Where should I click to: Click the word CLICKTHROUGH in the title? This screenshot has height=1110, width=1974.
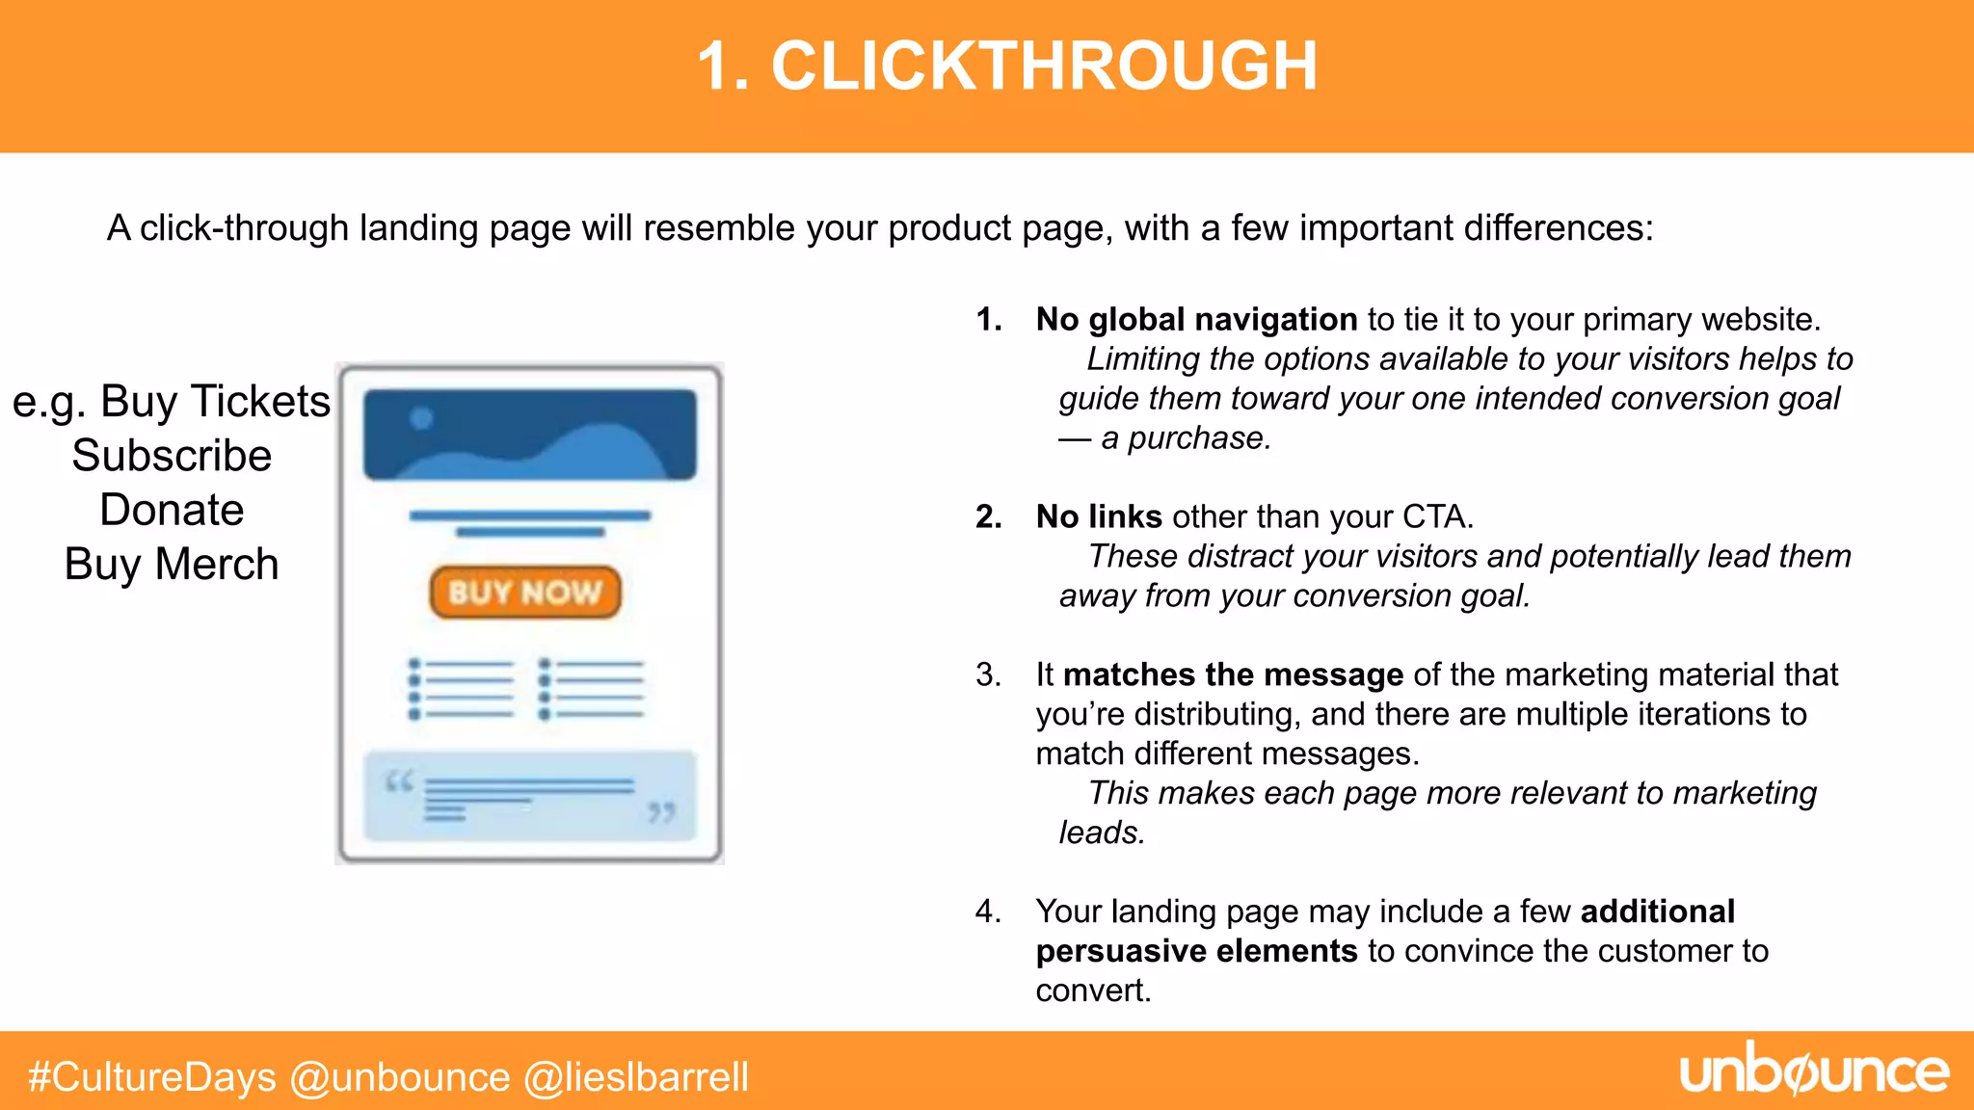[x=1044, y=67]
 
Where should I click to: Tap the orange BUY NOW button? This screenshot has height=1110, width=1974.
[x=525, y=592]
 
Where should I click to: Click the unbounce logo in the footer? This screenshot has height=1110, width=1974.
[x=1814, y=1072]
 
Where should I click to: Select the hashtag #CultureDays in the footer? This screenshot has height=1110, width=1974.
[x=152, y=1077]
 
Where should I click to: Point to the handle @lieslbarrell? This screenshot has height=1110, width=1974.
[x=636, y=1077]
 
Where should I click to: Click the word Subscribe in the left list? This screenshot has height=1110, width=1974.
[x=172, y=456]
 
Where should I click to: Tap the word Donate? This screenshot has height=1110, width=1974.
[x=172, y=510]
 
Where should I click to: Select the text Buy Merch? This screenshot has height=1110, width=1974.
[x=172, y=565]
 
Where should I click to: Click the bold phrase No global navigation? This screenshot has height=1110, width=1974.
[x=1195, y=320]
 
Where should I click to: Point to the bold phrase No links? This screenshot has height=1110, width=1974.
[x=1098, y=517]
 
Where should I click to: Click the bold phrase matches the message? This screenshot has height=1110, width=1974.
[x=1233, y=675]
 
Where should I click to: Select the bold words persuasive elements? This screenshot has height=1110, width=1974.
[x=1195, y=952]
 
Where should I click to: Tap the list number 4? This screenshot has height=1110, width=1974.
[x=987, y=912]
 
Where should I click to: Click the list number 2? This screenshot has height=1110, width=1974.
[x=987, y=517]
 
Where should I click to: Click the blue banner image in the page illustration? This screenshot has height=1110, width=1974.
[x=529, y=435]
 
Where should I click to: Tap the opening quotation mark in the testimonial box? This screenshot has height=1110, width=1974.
[x=399, y=781]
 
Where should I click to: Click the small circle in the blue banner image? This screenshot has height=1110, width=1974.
[x=421, y=418]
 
